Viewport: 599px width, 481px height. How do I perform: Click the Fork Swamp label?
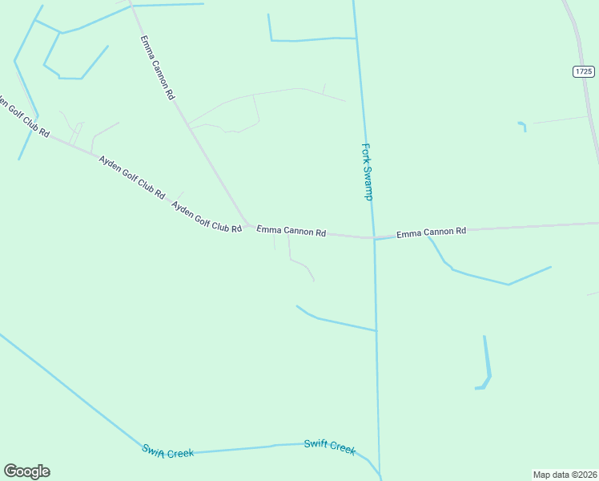368,172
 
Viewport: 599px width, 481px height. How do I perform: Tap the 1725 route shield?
584,72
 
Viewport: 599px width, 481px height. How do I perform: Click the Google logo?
26,471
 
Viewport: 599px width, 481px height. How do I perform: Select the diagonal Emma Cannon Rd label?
157,67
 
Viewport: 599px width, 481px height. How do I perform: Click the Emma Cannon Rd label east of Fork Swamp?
431,232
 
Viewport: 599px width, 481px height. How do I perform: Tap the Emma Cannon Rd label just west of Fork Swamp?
291,231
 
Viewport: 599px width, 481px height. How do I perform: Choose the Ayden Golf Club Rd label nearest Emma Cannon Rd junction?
207,216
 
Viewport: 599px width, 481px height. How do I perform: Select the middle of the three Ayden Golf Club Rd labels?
131,177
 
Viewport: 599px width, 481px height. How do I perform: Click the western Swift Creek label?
168,451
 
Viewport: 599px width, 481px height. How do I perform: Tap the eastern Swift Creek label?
329,447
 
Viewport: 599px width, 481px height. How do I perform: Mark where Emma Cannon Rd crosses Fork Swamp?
373,237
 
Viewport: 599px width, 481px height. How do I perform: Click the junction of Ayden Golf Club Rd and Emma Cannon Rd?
247,224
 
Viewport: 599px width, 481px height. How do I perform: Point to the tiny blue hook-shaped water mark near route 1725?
523,125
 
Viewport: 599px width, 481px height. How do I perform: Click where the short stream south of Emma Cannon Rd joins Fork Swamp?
376,330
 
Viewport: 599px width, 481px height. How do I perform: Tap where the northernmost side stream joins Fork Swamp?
355,38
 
